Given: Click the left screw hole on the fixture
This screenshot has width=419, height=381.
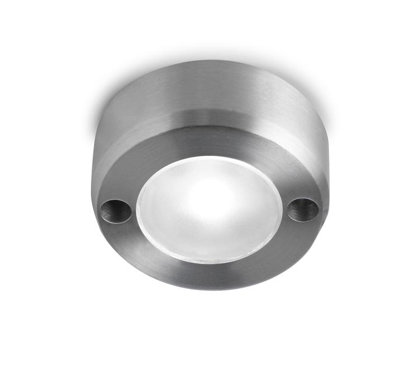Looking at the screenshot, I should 116,210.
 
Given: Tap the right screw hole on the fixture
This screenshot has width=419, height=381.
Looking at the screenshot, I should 303,209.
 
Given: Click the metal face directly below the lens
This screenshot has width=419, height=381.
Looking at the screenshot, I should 209,276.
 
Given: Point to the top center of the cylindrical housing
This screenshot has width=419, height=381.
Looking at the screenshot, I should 209,70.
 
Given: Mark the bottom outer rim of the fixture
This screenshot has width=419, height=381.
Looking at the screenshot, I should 209,287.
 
